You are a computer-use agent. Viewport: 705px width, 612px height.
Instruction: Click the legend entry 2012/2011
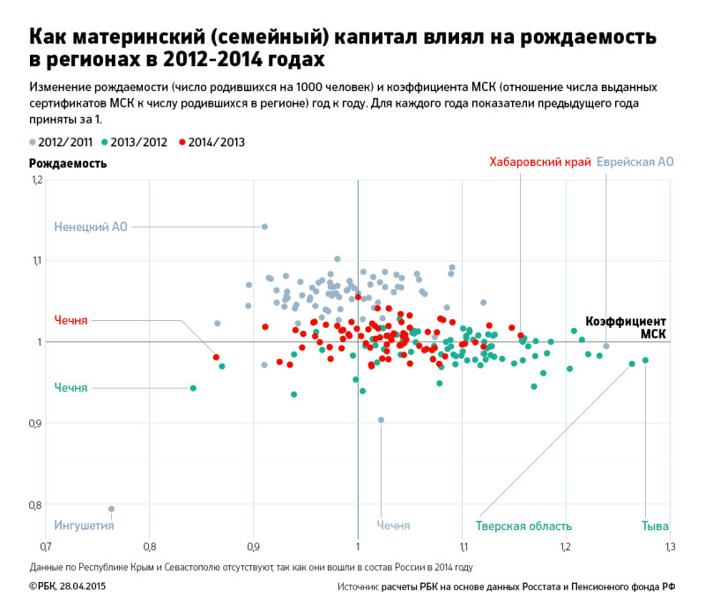pyautogui.click(x=62, y=142)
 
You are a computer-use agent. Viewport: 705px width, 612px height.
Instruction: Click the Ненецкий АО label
pyautogui.click(x=91, y=227)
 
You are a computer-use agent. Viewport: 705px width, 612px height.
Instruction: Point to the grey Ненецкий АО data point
pyautogui.click(x=264, y=227)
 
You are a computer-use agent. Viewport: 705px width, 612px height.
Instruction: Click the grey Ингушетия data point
pyautogui.click(x=111, y=509)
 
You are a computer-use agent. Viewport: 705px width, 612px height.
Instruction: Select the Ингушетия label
pyautogui.click(x=85, y=526)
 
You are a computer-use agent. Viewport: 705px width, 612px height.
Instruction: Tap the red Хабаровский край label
pyautogui.click(x=539, y=162)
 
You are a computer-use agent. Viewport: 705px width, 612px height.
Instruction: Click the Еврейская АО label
pyautogui.click(x=634, y=162)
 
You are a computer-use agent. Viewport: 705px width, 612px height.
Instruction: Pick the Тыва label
pyautogui.click(x=656, y=526)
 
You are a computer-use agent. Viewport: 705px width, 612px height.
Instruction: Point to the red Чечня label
pyautogui.click(x=70, y=320)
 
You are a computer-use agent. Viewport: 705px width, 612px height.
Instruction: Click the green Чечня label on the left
pyautogui.click(x=70, y=388)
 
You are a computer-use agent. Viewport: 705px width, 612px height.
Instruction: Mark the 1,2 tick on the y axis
pyautogui.click(x=36, y=180)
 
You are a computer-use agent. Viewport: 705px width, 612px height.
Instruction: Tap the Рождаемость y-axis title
pyautogui.click(x=68, y=163)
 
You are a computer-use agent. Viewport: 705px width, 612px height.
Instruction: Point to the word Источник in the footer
pyautogui.click(x=357, y=586)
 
